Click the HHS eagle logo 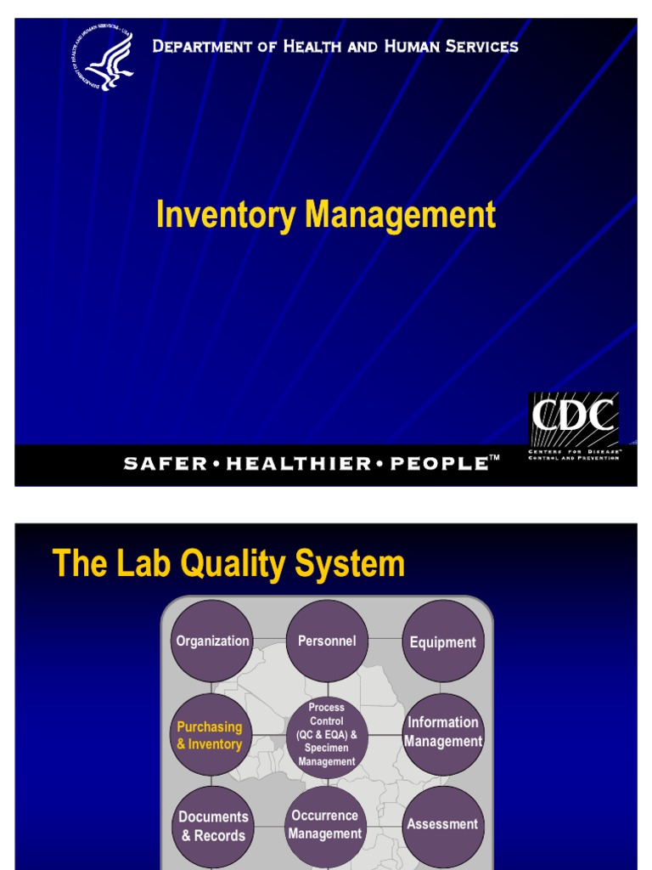click(x=104, y=60)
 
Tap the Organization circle click(x=212, y=641)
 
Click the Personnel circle click(x=327, y=641)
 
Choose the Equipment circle click(x=443, y=642)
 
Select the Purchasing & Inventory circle click(x=211, y=736)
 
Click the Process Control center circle click(x=327, y=735)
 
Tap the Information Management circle click(x=443, y=732)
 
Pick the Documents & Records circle click(x=213, y=826)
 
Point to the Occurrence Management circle click(x=324, y=824)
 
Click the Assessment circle click(x=442, y=824)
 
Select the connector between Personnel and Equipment click(x=385, y=639)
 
